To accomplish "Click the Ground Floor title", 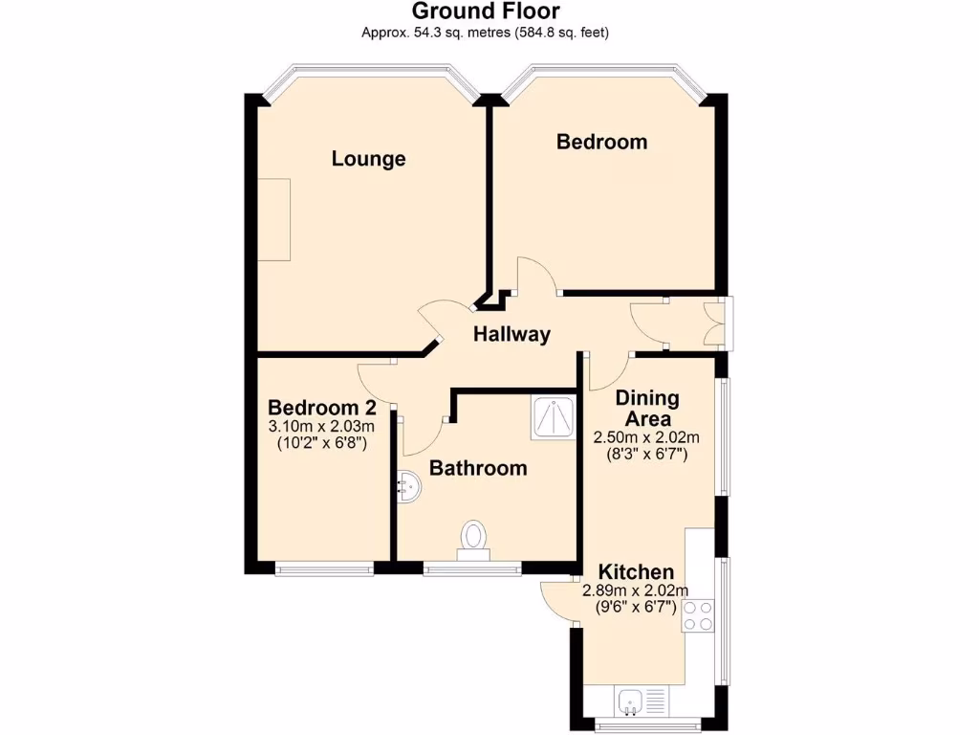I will click(x=486, y=11).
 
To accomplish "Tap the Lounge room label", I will click(x=369, y=159).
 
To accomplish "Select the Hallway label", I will click(x=512, y=334).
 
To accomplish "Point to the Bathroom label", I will click(x=478, y=468).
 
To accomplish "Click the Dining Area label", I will click(x=647, y=409).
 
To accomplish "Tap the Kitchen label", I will click(x=636, y=571).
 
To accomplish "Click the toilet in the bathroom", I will click(x=474, y=538).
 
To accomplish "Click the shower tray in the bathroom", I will click(x=554, y=418).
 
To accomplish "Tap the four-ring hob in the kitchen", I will click(x=699, y=615).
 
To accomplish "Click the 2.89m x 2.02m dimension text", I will click(x=635, y=590).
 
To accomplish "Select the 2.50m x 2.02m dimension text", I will click(x=647, y=437).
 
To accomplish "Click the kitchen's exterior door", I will click(x=555, y=601).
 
